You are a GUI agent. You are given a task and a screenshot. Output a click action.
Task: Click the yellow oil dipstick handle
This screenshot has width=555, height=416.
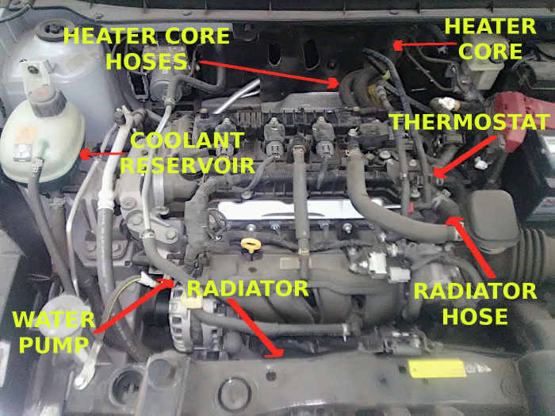(x=251, y=244)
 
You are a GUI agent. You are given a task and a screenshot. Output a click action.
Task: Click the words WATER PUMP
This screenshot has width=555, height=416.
(x=53, y=332)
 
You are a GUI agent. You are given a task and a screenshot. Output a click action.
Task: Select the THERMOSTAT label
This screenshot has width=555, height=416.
(x=469, y=123)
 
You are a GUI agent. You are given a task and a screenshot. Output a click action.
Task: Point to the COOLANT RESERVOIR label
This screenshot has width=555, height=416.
(x=187, y=153)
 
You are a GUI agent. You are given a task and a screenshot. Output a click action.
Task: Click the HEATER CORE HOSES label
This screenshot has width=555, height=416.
(x=147, y=48)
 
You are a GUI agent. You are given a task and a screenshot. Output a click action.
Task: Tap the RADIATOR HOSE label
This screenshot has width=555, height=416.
(x=475, y=303)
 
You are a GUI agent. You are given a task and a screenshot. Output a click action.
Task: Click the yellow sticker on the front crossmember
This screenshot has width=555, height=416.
(x=437, y=368)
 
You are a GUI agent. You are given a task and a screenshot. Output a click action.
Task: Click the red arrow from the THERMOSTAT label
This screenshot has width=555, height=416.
(x=468, y=155)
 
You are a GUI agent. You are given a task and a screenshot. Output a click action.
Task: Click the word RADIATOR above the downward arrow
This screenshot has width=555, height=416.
(x=247, y=288)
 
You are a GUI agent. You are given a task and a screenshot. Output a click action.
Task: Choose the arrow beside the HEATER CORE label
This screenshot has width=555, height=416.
(x=415, y=45)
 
